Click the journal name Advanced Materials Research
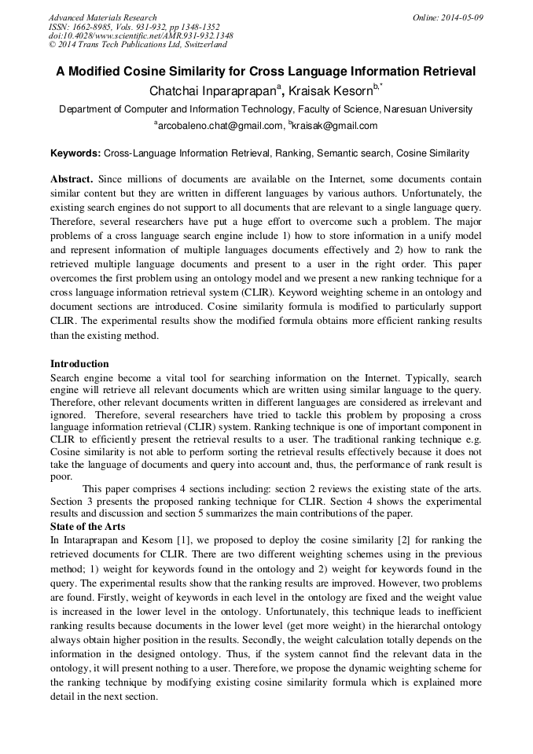coord(102,17)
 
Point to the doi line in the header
coord(140,36)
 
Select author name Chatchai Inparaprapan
coord(211,92)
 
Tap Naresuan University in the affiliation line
coord(426,109)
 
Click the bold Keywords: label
coord(75,153)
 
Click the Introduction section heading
coord(79,364)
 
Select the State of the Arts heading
coord(87,526)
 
